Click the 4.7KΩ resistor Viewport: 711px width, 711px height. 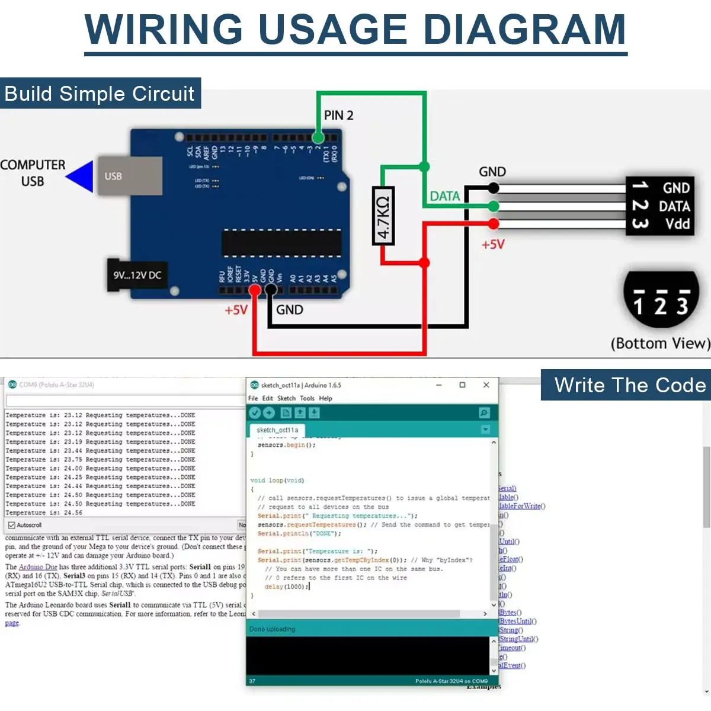tap(383, 216)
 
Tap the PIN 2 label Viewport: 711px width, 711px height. tap(338, 116)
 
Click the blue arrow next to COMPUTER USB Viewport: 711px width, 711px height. tap(81, 176)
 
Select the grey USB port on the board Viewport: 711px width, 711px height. tap(129, 176)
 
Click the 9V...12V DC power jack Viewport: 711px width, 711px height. tap(136, 275)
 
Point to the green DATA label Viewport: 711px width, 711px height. tap(444, 196)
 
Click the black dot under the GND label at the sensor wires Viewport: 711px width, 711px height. tap(493, 188)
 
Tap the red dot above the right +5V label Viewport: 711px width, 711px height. tap(493, 223)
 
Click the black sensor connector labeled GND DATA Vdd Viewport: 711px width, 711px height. tap(659, 206)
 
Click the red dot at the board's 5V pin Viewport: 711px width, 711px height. tap(255, 290)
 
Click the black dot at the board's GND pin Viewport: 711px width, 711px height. tap(271, 290)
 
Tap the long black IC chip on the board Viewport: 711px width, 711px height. tap(281, 244)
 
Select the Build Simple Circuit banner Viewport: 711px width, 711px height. tap(100, 94)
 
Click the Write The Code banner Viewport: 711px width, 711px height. tap(629, 385)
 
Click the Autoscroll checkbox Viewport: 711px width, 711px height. tap(11, 525)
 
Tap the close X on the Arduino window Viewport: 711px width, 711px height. tap(486, 385)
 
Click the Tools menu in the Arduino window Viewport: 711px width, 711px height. tap(307, 399)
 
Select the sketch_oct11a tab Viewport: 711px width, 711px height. tap(277, 430)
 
